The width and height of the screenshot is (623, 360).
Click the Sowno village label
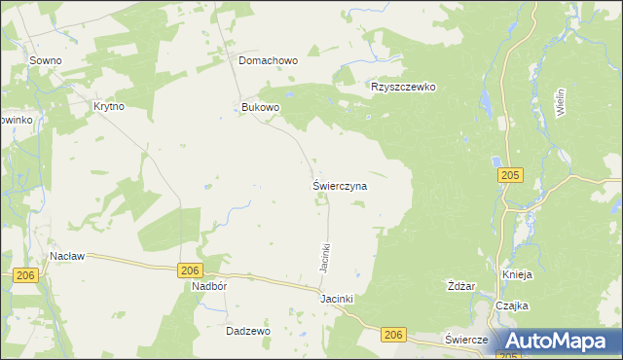[x=46, y=60]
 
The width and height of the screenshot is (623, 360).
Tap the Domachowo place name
[x=269, y=60]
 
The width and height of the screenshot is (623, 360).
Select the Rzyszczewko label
[x=403, y=87]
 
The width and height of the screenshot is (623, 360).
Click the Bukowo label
[x=261, y=107]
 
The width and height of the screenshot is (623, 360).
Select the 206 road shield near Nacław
[x=26, y=277]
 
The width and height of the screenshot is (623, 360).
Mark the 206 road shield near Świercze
[x=393, y=335]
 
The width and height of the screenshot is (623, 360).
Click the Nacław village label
[x=68, y=257]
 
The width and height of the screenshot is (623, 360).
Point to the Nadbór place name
[x=209, y=288]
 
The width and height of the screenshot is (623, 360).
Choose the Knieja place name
[x=518, y=275]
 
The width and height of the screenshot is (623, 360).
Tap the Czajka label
[x=511, y=306]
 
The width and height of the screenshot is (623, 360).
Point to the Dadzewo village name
[x=247, y=331]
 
